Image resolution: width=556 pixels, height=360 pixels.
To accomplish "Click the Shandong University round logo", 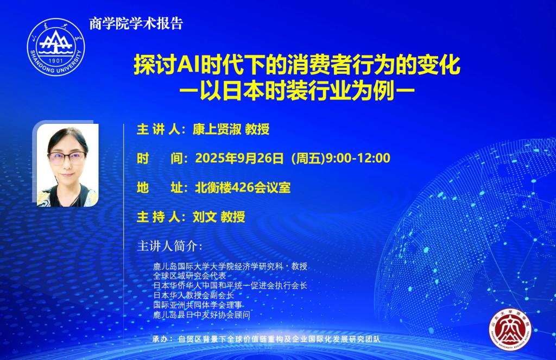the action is (x=56, y=47).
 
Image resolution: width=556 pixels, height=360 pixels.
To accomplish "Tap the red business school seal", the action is (x=510, y=330).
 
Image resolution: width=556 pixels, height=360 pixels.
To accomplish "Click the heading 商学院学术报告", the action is (x=136, y=24).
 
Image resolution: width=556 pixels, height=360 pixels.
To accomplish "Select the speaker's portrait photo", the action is (x=67, y=165).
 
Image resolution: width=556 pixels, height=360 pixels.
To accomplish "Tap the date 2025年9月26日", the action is (x=239, y=158).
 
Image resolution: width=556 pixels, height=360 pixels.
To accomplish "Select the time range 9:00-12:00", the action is (x=358, y=158).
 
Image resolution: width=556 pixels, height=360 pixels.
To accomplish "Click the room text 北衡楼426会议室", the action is (x=243, y=188).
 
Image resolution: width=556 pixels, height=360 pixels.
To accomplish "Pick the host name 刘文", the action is (x=205, y=217).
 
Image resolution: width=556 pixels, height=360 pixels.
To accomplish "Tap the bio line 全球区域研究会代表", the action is (x=189, y=276).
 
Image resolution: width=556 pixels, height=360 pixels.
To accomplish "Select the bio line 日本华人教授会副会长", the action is (x=194, y=295).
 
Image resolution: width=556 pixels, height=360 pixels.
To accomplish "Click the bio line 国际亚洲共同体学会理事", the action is (x=198, y=305).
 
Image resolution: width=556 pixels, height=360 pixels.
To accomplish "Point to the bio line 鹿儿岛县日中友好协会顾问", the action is (x=201, y=314).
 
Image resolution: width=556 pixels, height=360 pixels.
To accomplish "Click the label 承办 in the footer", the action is (x=160, y=339).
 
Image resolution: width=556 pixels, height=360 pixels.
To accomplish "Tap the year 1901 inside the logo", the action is (x=56, y=61).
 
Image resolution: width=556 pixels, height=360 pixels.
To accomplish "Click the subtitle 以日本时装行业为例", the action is (x=297, y=91).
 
